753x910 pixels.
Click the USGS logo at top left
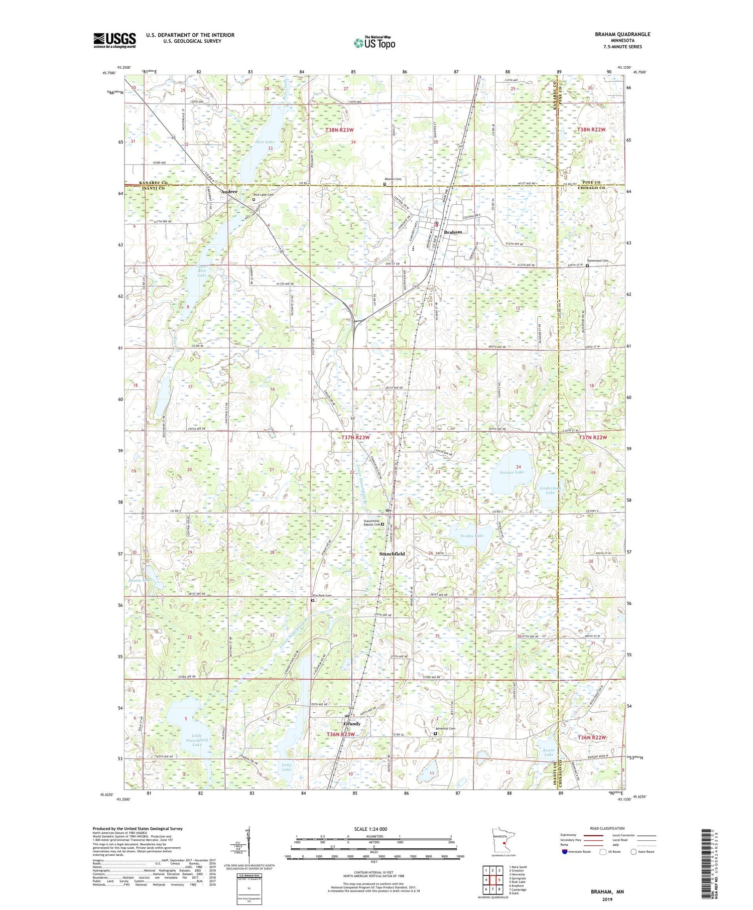[114, 40]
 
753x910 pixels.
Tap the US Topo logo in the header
[374, 43]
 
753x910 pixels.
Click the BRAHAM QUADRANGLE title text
[620, 34]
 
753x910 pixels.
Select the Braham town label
[453, 232]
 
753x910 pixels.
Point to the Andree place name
[229, 191]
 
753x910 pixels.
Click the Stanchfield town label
[392, 554]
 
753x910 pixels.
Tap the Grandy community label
[351, 724]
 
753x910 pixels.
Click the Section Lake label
[512, 472]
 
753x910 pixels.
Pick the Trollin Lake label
[472, 536]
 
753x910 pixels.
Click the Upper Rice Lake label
[202, 271]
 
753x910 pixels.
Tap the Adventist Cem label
[445, 728]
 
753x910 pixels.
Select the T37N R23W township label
[355, 438]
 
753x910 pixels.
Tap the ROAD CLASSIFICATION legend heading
[607, 828]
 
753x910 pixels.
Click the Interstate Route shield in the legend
[565, 851]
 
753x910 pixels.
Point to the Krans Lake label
[548, 752]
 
